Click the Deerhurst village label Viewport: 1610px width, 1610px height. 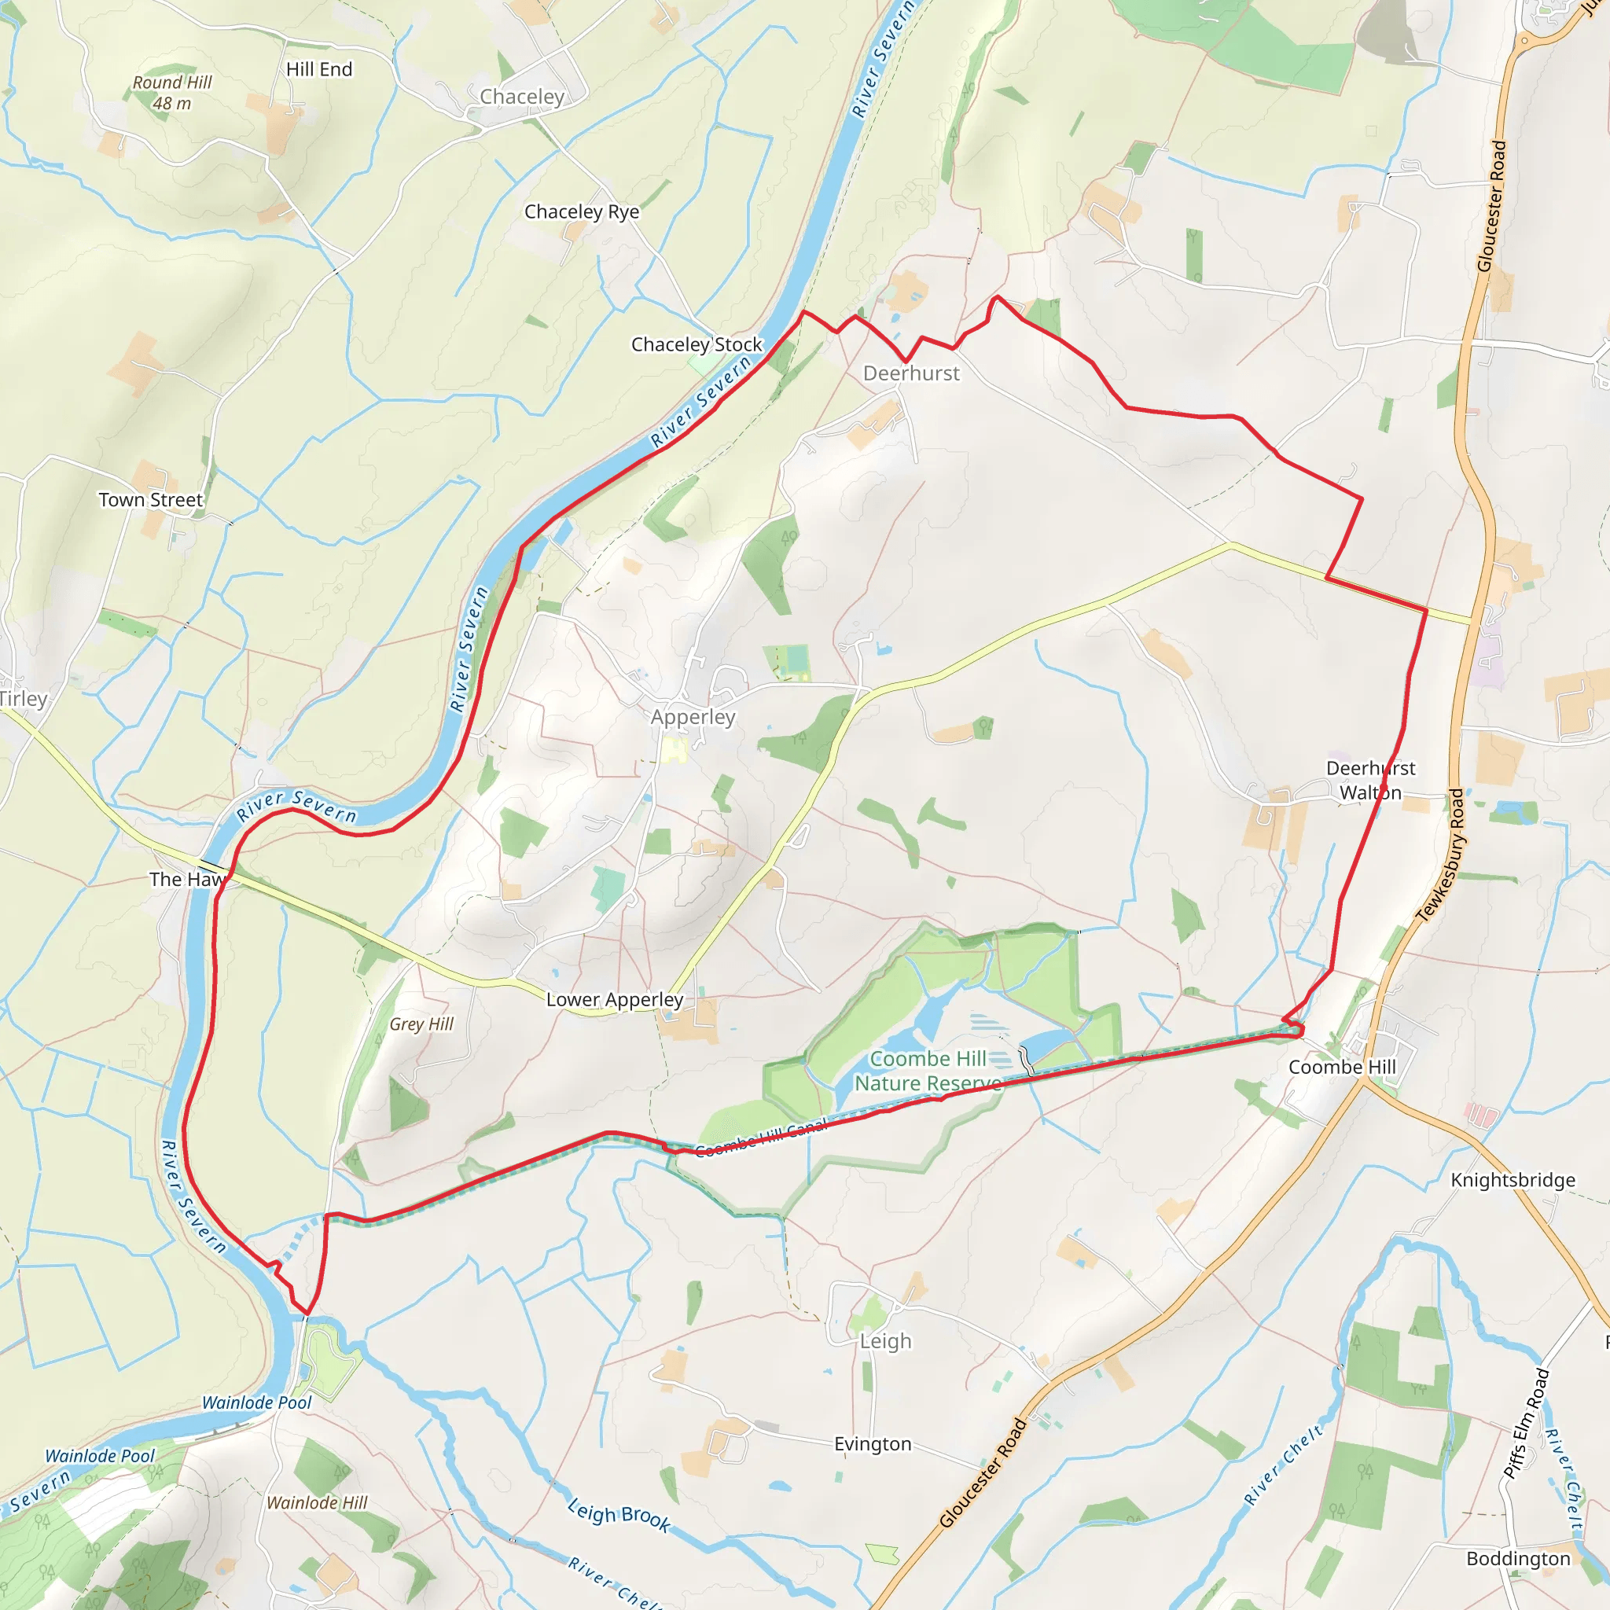click(911, 373)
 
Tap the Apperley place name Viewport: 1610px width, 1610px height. click(693, 717)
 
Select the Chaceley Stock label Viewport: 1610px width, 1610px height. click(697, 344)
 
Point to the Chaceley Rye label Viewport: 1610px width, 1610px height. click(582, 211)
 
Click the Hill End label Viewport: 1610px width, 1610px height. click(319, 69)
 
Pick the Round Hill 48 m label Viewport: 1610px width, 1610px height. click(172, 93)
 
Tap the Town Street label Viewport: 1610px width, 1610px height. click(151, 500)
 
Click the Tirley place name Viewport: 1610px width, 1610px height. click(24, 698)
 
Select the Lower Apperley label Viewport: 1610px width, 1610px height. click(615, 999)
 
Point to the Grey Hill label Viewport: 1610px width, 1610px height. click(421, 1024)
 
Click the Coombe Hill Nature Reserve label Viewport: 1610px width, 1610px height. click(928, 1071)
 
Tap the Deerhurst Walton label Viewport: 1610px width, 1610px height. click(1371, 780)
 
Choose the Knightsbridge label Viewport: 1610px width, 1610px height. click(1513, 1180)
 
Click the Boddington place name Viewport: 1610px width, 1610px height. click(1518, 1558)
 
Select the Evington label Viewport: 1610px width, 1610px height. click(873, 1444)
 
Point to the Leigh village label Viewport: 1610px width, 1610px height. click(886, 1341)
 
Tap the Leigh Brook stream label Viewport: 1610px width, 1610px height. click(619, 1513)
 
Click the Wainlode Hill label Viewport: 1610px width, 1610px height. click(318, 1502)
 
